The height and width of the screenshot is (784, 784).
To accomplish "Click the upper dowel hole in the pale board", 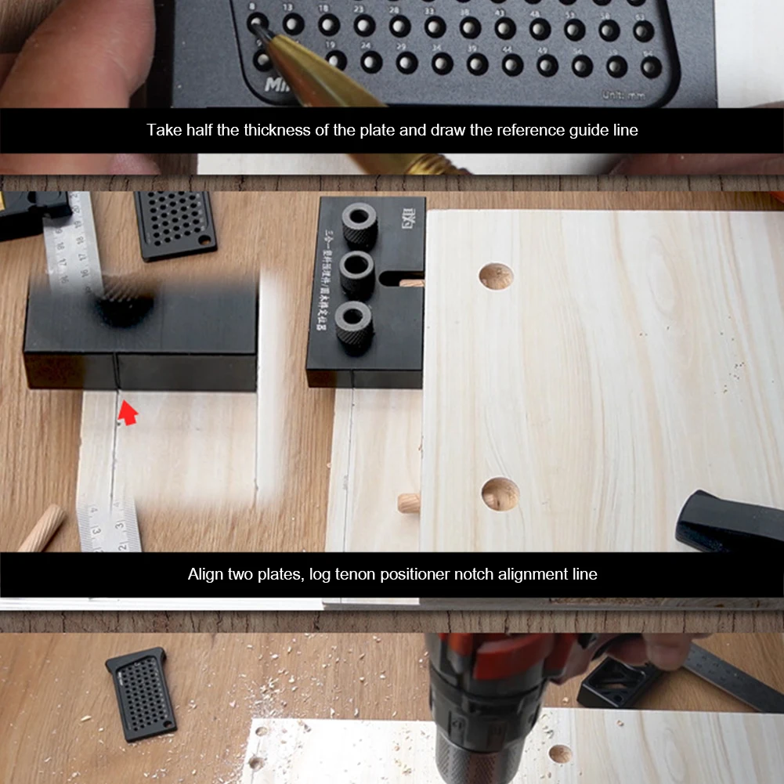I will (x=496, y=276).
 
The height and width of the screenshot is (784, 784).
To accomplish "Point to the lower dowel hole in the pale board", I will (x=500, y=493).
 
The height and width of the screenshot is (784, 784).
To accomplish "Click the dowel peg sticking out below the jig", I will (x=409, y=502).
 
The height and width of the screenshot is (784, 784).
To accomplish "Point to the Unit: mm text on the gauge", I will (x=625, y=95).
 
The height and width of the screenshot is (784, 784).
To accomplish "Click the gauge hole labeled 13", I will (x=293, y=24).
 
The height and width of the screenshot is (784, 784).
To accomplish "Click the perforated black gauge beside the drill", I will (x=141, y=692).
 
